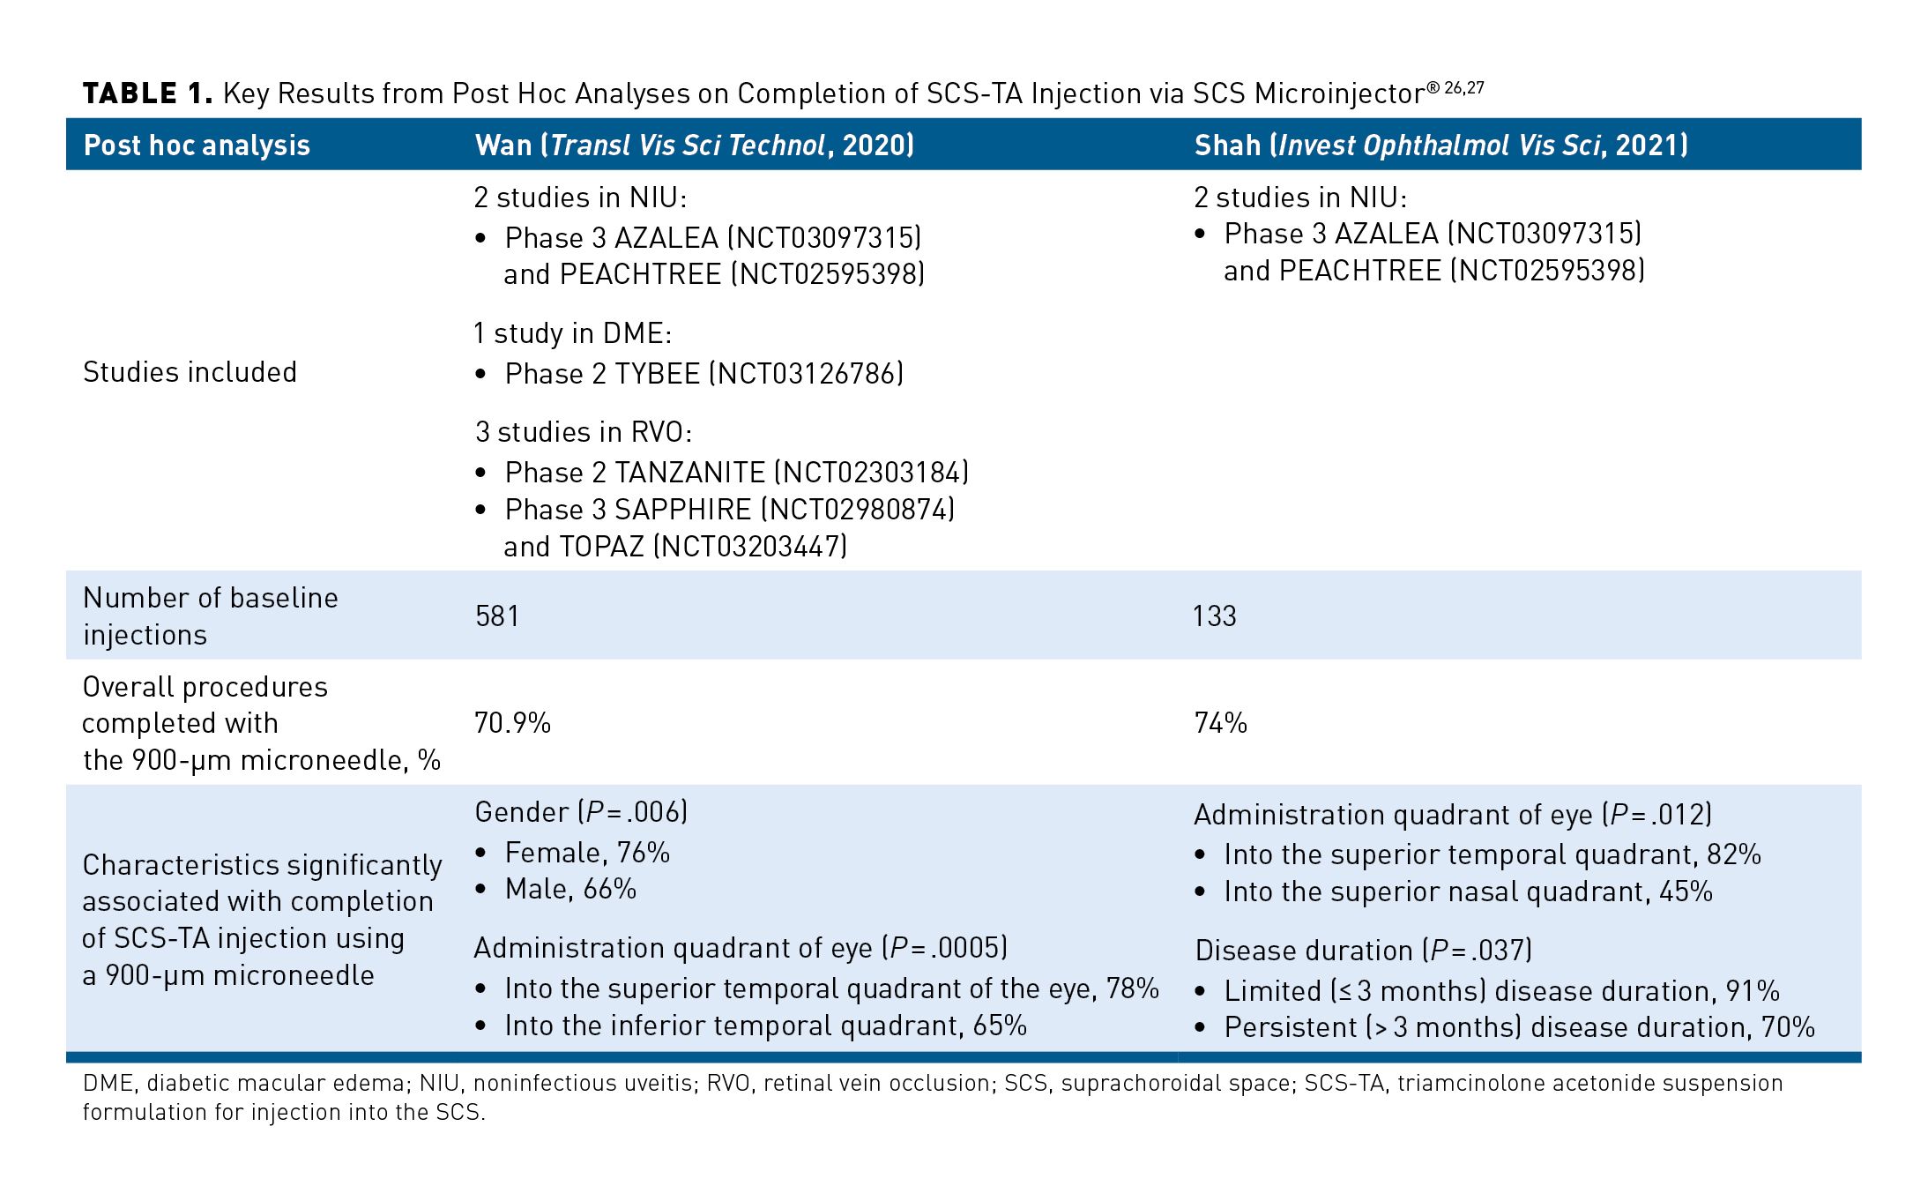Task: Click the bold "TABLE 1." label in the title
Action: [147, 93]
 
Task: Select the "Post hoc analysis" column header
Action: [197, 145]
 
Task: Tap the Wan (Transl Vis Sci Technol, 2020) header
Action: [694, 145]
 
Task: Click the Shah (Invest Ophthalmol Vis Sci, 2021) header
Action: [1440, 145]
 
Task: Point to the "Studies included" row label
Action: [190, 372]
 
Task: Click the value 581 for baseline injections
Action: [497, 615]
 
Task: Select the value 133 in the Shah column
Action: [1215, 615]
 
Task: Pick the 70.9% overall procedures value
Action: [512, 723]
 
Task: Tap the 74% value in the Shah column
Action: [1220, 723]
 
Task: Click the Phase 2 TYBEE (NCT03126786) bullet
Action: [703, 374]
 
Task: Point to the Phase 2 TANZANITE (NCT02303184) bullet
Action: [736, 473]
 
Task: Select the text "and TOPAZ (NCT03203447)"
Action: [674, 547]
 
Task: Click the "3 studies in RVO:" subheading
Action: [584, 432]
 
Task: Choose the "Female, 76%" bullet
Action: [587, 853]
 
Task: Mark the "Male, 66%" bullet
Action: [570, 889]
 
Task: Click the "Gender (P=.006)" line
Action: [581, 812]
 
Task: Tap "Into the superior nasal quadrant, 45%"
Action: [1468, 891]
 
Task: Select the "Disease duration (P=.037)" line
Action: [1363, 951]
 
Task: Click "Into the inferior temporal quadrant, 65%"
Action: [765, 1026]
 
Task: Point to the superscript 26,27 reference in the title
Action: [1463, 87]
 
